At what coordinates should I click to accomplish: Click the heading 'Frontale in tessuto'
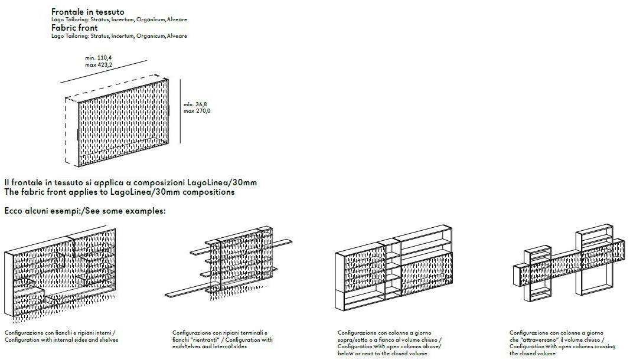(x=87, y=12)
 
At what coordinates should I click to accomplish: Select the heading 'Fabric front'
(x=74, y=28)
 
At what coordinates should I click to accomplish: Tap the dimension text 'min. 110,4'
(x=99, y=58)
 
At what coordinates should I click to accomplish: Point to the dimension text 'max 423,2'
(x=99, y=65)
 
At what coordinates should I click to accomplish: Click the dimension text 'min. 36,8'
(x=195, y=104)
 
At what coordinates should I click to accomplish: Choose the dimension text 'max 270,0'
(x=197, y=111)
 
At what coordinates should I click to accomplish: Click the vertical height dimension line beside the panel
(x=181, y=111)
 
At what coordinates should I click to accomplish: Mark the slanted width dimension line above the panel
(x=103, y=72)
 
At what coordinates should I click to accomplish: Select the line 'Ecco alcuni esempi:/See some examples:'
(x=85, y=211)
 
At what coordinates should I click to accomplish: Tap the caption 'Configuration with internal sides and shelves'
(x=61, y=340)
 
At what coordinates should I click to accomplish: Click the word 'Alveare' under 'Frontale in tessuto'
(x=177, y=19)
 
